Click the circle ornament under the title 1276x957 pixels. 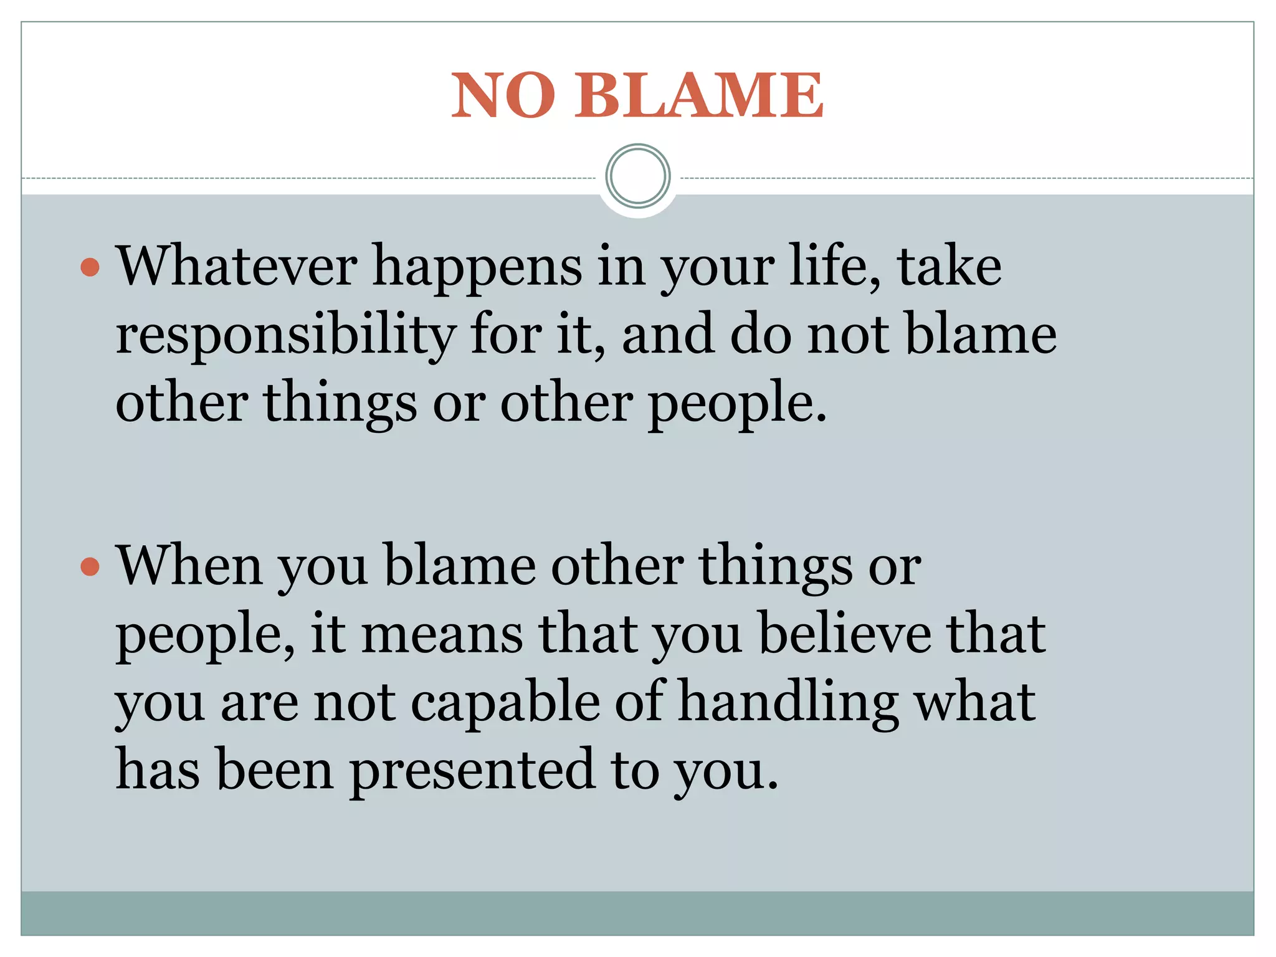pyautogui.click(x=638, y=176)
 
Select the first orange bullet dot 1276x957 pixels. pyautogui.click(x=90, y=267)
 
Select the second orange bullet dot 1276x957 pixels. pyautogui.click(x=90, y=566)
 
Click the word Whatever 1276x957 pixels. pyautogui.click(x=237, y=266)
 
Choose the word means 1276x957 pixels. pyautogui.click(x=442, y=634)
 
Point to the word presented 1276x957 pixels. pyautogui.click(x=472, y=772)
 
